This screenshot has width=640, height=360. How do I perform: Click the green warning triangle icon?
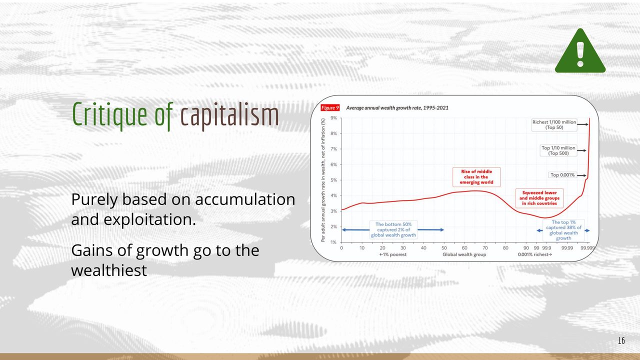tap(580, 51)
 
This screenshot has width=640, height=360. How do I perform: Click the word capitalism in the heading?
tap(229, 115)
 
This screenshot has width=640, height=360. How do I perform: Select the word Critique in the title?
tap(109, 115)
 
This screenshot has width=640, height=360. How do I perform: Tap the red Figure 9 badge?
tap(330, 107)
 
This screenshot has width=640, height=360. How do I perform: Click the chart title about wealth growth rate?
tap(397, 107)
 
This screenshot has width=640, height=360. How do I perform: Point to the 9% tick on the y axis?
tap(333, 117)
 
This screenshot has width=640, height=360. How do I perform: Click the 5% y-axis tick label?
tap(333, 180)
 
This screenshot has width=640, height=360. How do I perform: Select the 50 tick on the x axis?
tap(444, 247)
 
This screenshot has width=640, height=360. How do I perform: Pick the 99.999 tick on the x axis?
tap(587, 247)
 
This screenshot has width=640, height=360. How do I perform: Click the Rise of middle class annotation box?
tap(476, 177)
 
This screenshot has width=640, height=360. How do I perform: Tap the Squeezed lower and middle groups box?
tap(539, 198)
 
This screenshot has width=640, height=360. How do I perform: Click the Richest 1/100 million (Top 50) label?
tap(554, 125)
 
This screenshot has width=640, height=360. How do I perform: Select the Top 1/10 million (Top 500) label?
tap(558, 150)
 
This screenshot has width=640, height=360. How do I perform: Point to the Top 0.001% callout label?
tap(562, 175)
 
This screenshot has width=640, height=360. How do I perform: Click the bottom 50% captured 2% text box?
tap(393, 229)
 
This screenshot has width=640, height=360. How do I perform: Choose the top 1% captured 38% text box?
tap(563, 230)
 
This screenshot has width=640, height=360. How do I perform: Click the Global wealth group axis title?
tap(464, 254)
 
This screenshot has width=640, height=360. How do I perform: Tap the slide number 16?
tap(621, 340)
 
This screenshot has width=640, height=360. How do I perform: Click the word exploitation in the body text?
tap(149, 219)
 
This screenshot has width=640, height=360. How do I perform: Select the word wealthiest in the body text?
tap(109, 270)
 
